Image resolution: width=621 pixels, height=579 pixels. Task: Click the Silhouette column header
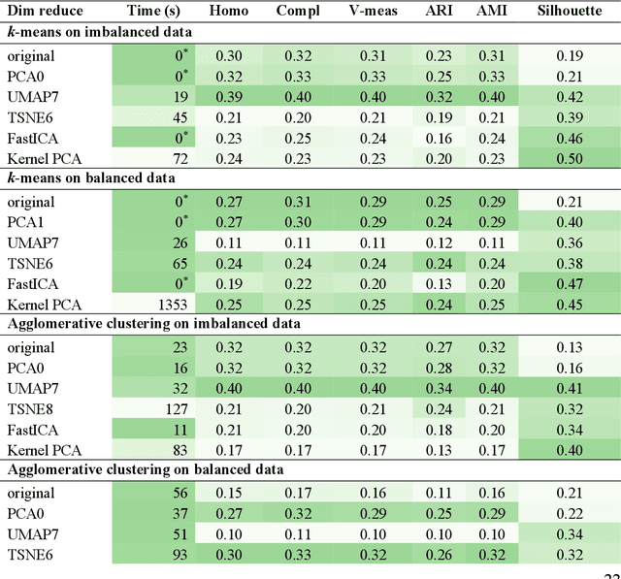569,11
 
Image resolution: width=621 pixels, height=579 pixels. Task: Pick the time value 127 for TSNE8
175,408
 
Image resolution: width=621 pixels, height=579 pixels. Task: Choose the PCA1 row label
27,222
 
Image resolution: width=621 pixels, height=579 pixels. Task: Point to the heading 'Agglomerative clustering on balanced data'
146,469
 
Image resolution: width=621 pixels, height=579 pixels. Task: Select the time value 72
179,158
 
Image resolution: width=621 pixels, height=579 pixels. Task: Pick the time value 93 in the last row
179,554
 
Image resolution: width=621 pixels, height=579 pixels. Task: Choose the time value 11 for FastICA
179,429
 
